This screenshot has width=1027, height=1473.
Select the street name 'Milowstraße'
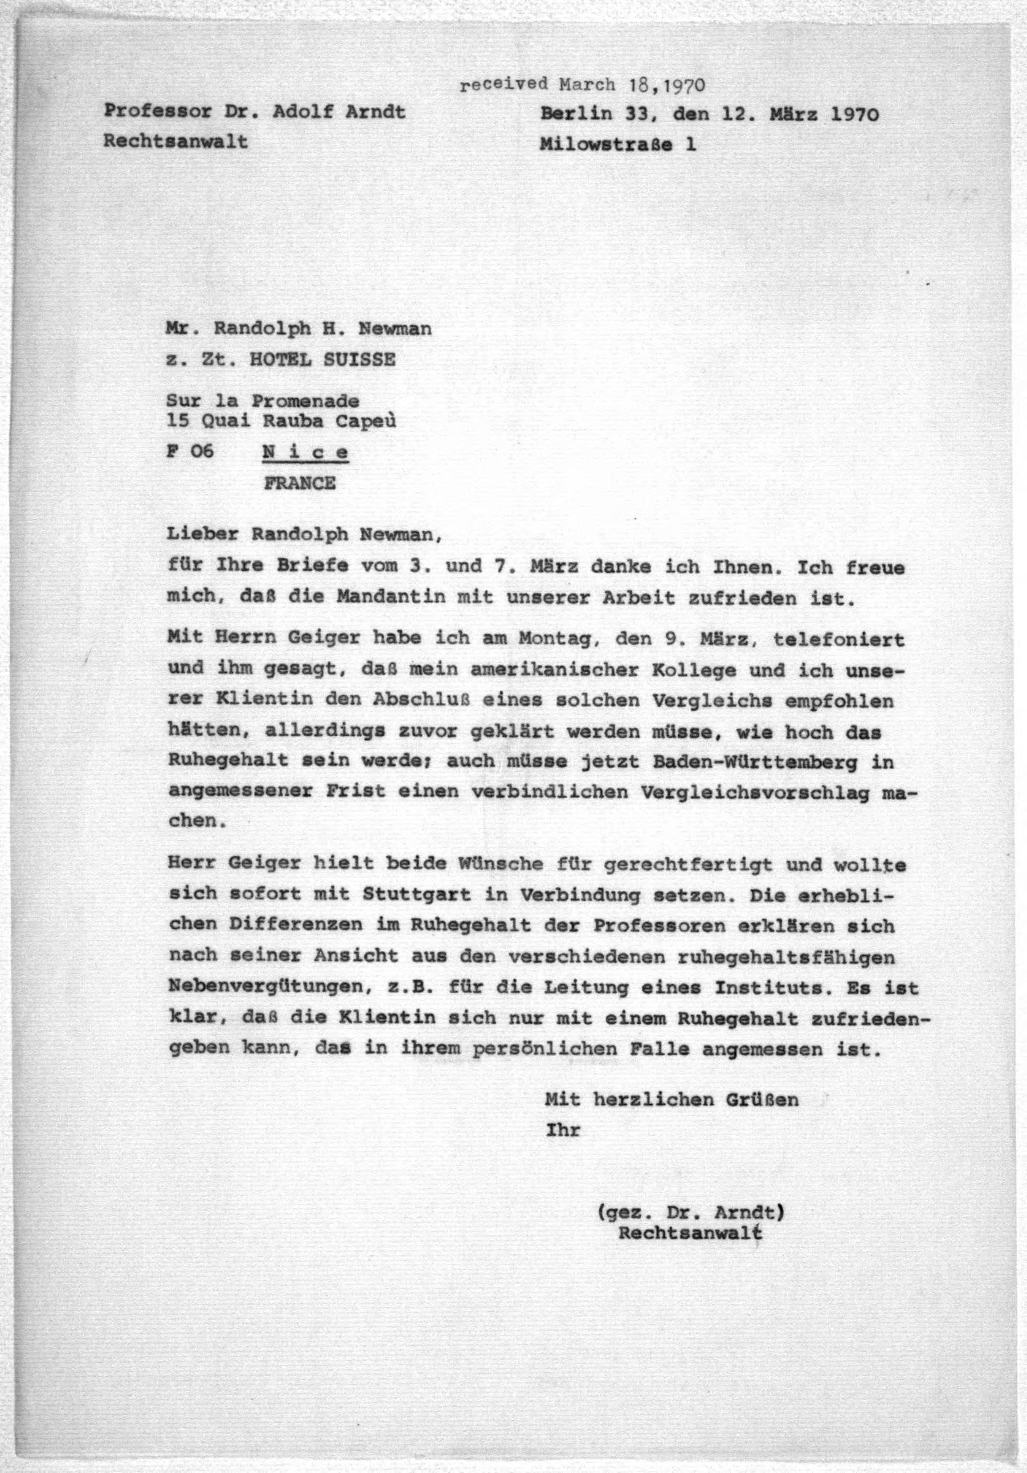606,144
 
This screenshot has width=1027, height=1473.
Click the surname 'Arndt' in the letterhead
375,112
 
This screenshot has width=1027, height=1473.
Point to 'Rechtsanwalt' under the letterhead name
175,141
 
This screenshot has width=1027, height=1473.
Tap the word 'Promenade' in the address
305,401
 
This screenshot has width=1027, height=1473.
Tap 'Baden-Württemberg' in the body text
755,762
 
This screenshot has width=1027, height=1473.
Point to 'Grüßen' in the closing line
762,1100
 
